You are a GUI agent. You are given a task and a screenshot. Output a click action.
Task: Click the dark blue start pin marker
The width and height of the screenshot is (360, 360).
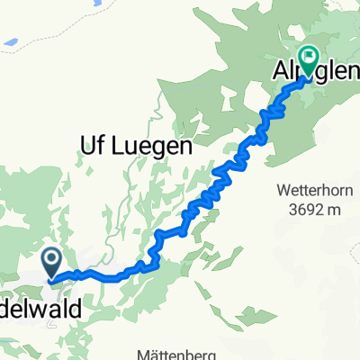coord(51,263)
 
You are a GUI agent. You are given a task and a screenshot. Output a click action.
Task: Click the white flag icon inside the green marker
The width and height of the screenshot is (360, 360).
coord(309,58)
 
